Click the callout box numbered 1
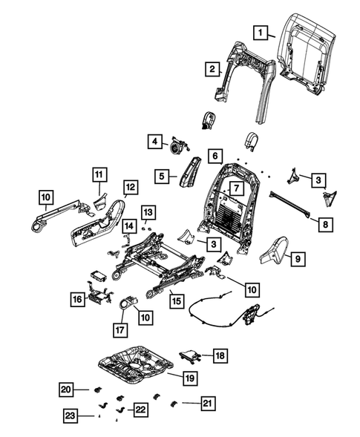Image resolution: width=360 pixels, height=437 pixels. coord(261,33)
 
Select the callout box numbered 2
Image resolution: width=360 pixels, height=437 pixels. coord(212,69)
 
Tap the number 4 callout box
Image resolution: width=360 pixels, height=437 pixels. coord(155,142)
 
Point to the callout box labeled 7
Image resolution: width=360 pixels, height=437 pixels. coord(237,188)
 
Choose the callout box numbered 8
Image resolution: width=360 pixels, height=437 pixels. coord(326,224)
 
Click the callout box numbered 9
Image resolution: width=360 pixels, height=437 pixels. coord(298,259)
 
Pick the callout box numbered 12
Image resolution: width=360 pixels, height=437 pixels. coord(131,187)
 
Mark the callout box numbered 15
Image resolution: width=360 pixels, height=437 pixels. coord(177,301)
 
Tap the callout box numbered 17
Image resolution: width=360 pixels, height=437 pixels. coord(120,330)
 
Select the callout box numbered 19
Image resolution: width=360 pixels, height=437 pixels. coord(190,378)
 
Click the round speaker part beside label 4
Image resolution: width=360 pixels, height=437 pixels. coord(176,147)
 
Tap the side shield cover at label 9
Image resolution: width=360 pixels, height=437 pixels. coord(275,250)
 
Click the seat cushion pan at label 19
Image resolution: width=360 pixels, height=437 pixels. coord(136,365)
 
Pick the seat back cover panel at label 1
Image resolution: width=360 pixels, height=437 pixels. coord(306,53)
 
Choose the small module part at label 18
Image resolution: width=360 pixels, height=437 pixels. coord(190,356)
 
